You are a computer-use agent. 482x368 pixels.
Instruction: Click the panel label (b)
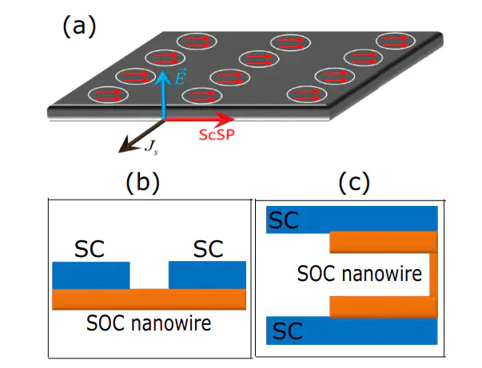point(143,184)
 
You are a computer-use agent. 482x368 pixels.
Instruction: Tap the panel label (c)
point(353,183)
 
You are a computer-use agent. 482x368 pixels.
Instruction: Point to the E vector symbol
point(181,78)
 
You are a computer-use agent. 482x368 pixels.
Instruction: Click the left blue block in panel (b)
point(90,275)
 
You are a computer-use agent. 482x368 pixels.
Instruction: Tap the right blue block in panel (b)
point(207,275)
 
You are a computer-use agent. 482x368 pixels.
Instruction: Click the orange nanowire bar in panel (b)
point(149,299)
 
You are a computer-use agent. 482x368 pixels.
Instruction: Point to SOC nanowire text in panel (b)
point(149,325)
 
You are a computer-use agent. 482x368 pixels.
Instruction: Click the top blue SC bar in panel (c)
point(352,218)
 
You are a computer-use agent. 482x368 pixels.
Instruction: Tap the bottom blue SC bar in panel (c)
point(352,328)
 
